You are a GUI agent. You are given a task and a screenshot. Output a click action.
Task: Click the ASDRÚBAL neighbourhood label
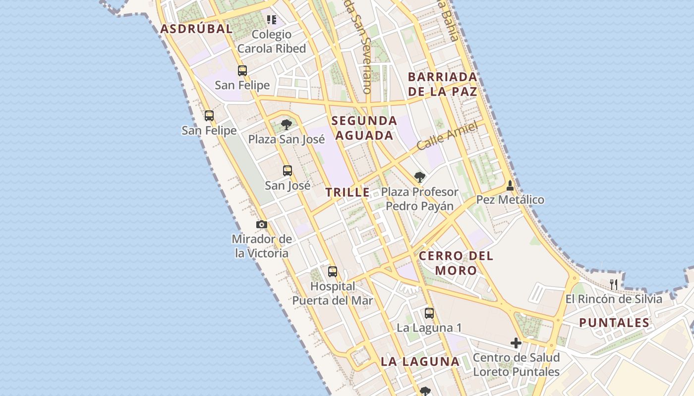pos(196,29)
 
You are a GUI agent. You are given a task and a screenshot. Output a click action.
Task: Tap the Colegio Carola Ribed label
pos(271,42)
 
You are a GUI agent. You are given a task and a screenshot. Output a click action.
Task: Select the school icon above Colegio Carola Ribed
pos(272,20)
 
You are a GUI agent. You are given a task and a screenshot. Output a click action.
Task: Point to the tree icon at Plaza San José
pos(286,124)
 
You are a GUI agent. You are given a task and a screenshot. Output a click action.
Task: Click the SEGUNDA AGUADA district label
pos(364,128)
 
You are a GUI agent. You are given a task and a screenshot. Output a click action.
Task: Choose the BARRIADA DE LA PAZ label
pos(443,84)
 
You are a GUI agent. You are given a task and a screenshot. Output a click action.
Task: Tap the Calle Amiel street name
pos(447,136)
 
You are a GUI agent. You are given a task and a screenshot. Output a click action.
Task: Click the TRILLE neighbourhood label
pos(347,193)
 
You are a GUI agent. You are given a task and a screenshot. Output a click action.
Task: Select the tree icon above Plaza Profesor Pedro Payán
pos(419,177)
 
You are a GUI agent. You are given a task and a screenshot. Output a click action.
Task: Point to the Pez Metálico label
pos(510,200)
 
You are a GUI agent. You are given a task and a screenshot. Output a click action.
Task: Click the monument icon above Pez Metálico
pos(510,186)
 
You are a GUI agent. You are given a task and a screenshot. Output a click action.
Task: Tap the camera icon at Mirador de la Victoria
pos(262,225)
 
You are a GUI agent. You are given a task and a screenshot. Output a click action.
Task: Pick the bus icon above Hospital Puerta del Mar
pos(332,272)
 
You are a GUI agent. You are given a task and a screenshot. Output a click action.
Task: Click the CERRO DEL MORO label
pos(456,263)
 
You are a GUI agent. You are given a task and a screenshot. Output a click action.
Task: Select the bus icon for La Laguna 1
pos(429,313)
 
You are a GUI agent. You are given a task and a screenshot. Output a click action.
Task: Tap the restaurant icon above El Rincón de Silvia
pos(614,284)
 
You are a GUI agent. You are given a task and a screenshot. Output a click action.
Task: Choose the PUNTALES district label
pos(614,323)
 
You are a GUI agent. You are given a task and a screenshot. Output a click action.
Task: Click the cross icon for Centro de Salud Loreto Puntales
pos(516,343)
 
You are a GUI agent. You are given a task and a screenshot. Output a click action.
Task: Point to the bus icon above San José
pos(288,171)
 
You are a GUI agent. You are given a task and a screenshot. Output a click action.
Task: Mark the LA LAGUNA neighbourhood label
pos(420,362)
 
